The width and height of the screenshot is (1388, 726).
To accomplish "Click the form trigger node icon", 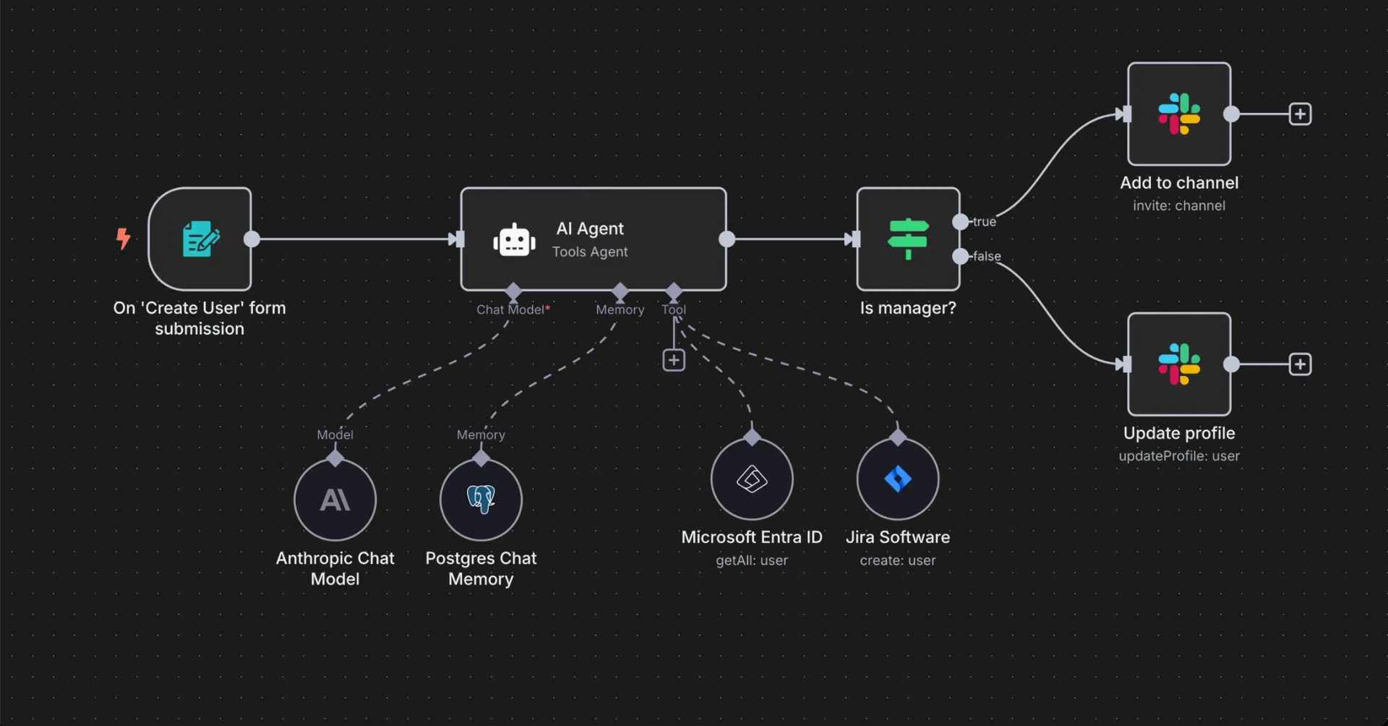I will tap(200, 239).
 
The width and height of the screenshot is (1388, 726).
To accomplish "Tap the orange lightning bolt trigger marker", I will tap(124, 238).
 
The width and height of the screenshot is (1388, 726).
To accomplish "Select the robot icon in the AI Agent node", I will tap(514, 240).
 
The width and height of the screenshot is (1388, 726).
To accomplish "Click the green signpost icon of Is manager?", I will tap(908, 239).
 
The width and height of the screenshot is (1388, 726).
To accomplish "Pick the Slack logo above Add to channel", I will tap(1179, 114).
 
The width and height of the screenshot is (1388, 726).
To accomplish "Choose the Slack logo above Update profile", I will tap(1179, 364).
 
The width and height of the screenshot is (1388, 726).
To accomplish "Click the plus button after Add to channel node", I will tap(1300, 114).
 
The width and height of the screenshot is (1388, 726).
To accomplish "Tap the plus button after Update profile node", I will tap(1300, 364).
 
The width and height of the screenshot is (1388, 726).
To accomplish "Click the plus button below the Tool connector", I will tap(674, 360).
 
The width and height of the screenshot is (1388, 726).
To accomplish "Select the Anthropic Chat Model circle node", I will tap(335, 500).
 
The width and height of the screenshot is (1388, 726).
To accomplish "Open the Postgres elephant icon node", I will tap(481, 500).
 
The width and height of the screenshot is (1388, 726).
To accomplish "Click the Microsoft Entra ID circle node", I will tap(752, 479).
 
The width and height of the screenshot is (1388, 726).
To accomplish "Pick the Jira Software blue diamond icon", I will tap(898, 479).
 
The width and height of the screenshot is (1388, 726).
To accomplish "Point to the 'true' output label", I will tap(985, 222).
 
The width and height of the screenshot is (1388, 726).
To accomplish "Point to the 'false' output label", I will tap(987, 257).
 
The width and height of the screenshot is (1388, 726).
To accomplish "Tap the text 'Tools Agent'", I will tap(590, 252).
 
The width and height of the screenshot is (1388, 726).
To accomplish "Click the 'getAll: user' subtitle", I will tap(752, 560).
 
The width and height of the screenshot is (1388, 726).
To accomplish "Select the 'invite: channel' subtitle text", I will tap(1179, 206).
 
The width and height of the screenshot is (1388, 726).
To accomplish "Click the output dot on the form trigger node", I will tap(252, 239).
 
